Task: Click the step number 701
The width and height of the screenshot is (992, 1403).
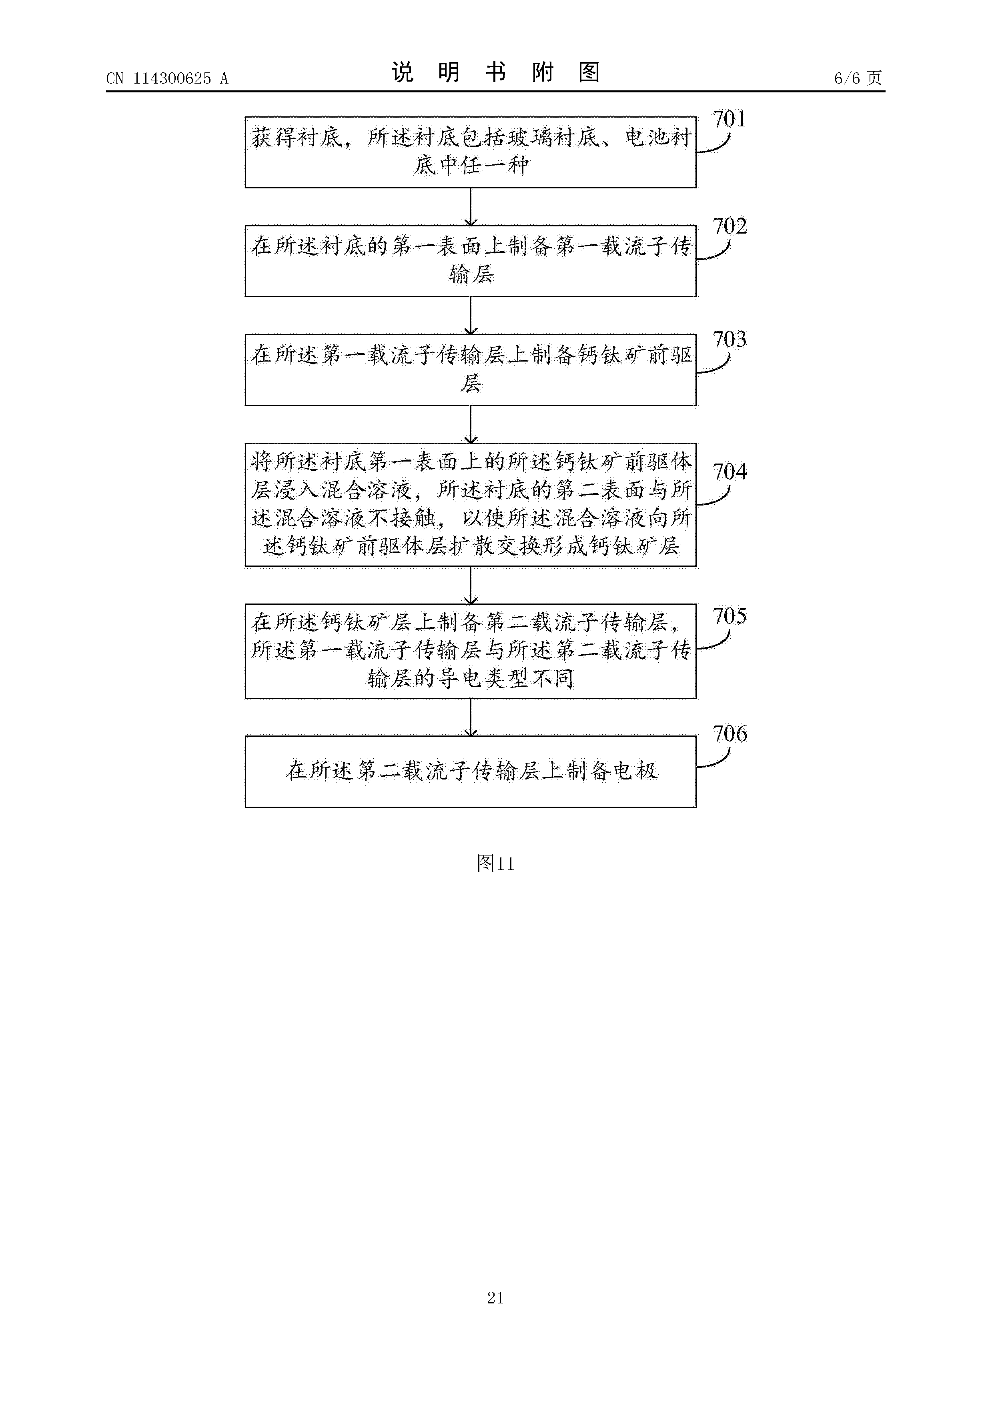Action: click(730, 118)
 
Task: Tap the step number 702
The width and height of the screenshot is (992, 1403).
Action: click(730, 226)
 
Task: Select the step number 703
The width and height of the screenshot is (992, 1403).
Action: click(730, 339)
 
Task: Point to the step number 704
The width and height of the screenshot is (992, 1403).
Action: click(730, 471)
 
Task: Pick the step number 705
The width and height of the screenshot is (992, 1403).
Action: click(730, 616)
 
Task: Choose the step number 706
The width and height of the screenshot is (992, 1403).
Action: click(730, 733)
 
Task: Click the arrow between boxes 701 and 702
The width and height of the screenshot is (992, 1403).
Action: click(471, 206)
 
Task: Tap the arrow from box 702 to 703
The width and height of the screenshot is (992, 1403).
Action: click(471, 315)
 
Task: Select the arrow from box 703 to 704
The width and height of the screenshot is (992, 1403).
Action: click(471, 424)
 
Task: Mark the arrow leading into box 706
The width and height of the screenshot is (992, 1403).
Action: click(471, 717)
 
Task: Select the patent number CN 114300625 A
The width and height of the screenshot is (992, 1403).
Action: click(167, 78)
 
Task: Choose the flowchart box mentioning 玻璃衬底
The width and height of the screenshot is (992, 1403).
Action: click(471, 152)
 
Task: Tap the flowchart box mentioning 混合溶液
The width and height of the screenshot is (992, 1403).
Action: click(471, 505)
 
